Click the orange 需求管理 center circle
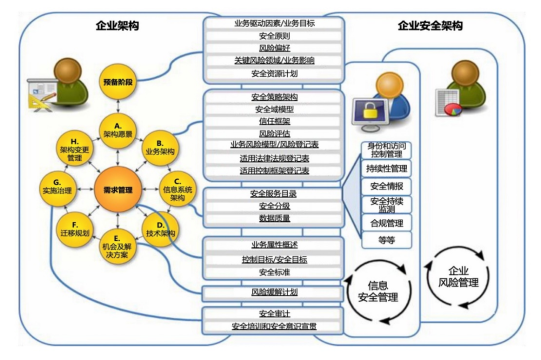(118, 190)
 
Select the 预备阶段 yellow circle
(118, 82)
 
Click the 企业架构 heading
(117, 26)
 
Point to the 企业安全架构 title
(430, 26)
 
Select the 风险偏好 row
(275, 48)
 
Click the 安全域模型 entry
(275, 109)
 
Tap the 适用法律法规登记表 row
(275, 158)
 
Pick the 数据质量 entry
(275, 218)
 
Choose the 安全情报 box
(386, 186)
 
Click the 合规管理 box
(386, 223)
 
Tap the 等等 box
(386, 240)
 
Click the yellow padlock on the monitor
(369, 110)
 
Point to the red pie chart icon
(453, 109)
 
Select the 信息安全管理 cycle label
(378, 291)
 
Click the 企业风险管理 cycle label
(458, 277)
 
